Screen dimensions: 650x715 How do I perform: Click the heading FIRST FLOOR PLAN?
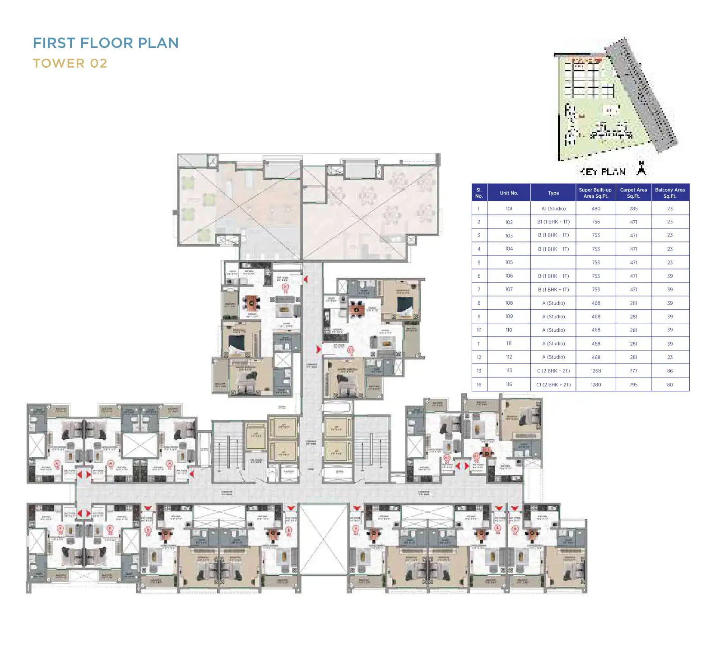coord(106,43)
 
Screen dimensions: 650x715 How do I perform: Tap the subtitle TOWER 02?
coord(70,63)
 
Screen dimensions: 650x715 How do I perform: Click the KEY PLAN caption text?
coord(603,172)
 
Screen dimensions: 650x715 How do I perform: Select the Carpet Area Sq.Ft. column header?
coord(633,193)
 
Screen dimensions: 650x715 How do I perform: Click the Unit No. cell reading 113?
coord(509,371)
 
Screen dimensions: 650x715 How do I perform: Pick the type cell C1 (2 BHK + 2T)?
coord(553,385)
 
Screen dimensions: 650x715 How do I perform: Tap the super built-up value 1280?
coord(595,385)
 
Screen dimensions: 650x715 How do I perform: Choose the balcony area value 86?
coord(669,371)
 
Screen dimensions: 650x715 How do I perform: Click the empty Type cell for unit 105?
coord(553,262)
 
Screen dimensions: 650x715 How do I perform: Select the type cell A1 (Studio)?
coord(553,209)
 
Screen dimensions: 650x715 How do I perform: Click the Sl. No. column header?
coord(479,193)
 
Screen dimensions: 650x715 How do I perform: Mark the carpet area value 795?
coord(633,385)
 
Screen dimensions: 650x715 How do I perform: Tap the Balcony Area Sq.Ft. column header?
coord(670,193)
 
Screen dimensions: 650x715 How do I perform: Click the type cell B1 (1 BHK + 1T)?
coord(553,222)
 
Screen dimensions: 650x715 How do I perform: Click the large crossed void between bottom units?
coord(323,539)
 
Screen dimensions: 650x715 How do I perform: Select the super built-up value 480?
coord(595,209)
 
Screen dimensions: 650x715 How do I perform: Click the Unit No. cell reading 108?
coord(509,303)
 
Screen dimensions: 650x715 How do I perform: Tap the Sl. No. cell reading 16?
coord(479,385)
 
